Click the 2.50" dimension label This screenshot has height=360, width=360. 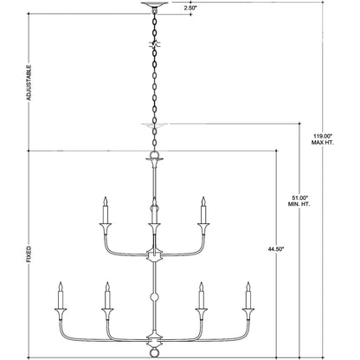(x=190, y=8)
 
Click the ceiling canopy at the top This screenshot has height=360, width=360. (x=154, y=5)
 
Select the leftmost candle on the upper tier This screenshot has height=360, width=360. (x=105, y=210)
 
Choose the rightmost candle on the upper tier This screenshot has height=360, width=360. (x=203, y=210)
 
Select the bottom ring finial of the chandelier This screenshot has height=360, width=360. (x=154, y=352)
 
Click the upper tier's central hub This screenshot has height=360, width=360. (x=154, y=256)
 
